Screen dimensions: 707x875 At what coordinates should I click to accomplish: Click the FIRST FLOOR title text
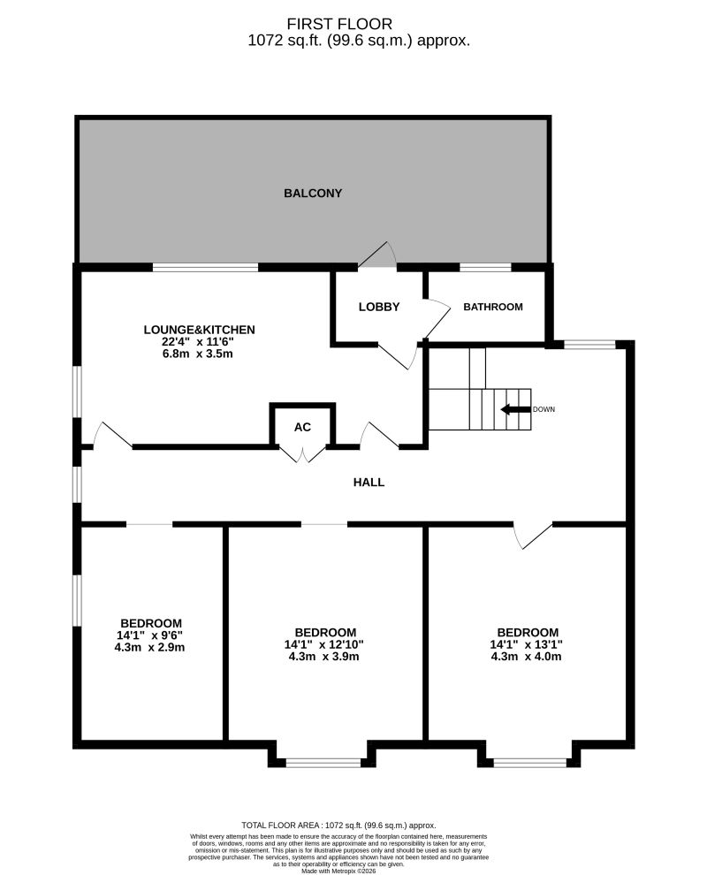click(339, 24)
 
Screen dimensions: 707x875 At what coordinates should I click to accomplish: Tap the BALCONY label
click(313, 193)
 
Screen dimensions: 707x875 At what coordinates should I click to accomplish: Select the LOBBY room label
click(379, 307)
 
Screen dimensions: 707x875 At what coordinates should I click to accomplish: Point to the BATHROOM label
click(493, 307)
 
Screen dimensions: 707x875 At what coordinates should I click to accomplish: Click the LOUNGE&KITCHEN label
click(199, 330)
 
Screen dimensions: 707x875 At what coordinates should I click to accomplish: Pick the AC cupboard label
click(302, 427)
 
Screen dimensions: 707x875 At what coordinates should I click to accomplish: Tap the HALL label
click(369, 483)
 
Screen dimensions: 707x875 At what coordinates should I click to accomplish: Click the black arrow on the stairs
click(515, 409)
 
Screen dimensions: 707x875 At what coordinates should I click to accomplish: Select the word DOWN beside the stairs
click(544, 409)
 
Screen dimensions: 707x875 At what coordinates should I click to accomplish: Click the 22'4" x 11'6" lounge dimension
click(198, 341)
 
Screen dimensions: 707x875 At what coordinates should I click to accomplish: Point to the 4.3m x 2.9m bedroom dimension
click(149, 647)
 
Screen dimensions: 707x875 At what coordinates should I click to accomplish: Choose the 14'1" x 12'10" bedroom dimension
click(323, 644)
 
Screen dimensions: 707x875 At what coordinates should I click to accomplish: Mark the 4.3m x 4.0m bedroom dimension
click(526, 656)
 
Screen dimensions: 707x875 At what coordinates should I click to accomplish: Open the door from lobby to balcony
click(377, 255)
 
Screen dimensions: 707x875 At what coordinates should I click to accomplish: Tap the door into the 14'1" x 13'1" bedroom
click(532, 536)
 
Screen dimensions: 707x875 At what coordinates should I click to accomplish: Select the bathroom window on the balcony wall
click(485, 267)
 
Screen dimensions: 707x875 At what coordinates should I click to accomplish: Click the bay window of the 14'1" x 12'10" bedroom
click(323, 762)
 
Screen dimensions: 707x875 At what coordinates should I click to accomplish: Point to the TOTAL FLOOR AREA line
click(338, 825)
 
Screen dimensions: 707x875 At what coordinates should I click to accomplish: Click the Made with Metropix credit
click(338, 871)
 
